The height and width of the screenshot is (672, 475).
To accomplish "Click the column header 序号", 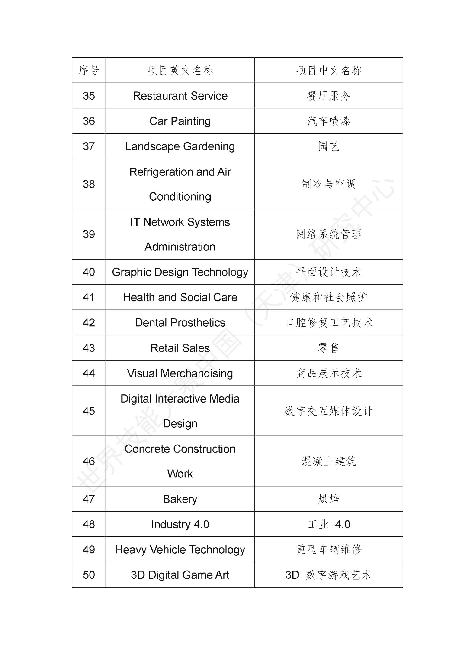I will (89, 71).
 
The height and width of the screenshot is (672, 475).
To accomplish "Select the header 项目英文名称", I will (180, 71).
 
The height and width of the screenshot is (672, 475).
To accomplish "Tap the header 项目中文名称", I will (328, 71).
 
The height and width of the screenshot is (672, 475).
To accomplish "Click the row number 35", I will (89, 96).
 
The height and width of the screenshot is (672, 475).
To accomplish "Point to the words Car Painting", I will (180, 121).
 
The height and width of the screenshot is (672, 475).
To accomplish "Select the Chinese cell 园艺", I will (328, 146).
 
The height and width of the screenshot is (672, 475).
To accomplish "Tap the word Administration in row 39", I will (180, 247).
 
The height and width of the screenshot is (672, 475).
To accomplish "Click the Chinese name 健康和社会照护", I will (328, 297).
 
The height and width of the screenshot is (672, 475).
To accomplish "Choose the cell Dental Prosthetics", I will (180, 322).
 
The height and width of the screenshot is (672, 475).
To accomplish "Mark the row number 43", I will (89, 348).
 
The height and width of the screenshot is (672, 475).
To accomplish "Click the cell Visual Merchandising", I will (180, 373).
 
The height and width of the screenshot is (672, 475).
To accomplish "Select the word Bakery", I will (180, 499).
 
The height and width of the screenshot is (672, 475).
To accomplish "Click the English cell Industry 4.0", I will (180, 524).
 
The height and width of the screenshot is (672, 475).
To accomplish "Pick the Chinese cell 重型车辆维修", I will (328, 550).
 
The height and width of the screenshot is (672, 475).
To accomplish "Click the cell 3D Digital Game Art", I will (180, 575).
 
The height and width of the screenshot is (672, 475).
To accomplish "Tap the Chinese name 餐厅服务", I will (328, 96).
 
